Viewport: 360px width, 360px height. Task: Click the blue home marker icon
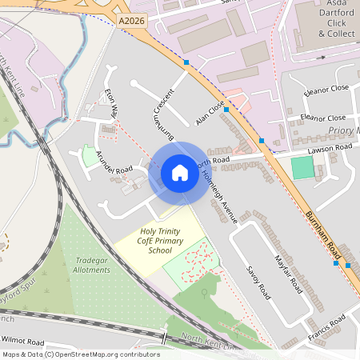click(x=179, y=173)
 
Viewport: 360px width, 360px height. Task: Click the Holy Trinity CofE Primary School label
click(x=156, y=241)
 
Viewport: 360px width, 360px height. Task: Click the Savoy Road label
click(x=258, y=282)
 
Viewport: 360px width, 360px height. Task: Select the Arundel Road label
click(x=113, y=161)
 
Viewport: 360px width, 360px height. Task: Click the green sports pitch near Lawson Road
click(x=302, y=168)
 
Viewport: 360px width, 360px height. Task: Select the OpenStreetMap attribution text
click(x=81, y=354)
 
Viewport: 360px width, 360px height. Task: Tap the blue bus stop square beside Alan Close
click(x=226, y=109)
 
